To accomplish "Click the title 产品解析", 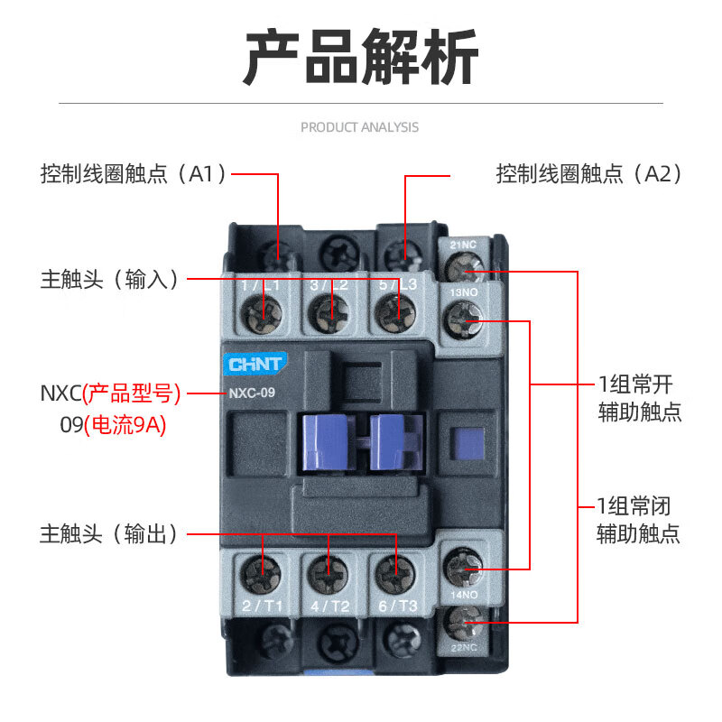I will coord(361,57).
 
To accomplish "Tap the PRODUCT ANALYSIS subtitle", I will coord(359,127).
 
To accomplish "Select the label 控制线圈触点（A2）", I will coord(588,173).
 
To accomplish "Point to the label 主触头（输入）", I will coord(109,278).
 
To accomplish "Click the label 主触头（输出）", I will coord(109,533).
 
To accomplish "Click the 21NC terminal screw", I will coord(464,267).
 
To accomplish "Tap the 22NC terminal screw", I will coord(465,621).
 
